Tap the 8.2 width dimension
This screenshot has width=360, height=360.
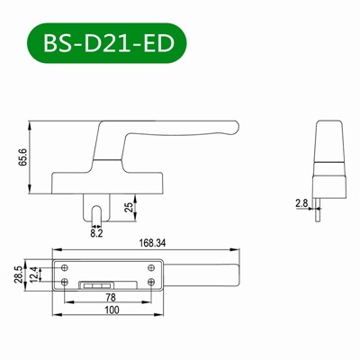96,232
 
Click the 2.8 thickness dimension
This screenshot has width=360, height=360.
301,204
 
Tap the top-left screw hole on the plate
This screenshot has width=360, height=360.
66,265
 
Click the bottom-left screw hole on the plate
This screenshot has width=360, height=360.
66,281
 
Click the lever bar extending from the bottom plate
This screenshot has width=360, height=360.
202,274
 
